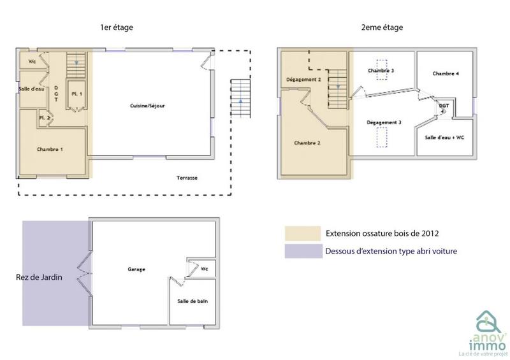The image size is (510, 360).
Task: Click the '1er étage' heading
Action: point(117,27)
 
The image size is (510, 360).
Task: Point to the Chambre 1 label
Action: point(50,149)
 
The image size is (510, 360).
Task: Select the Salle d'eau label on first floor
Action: point(29,89)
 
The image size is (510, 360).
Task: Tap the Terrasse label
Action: point(187,178)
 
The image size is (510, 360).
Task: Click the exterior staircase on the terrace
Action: point(240,98)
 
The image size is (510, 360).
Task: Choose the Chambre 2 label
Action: point(307,143)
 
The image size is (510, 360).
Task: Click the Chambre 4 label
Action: point(446,74)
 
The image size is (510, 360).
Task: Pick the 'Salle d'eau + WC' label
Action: point(444,138)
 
